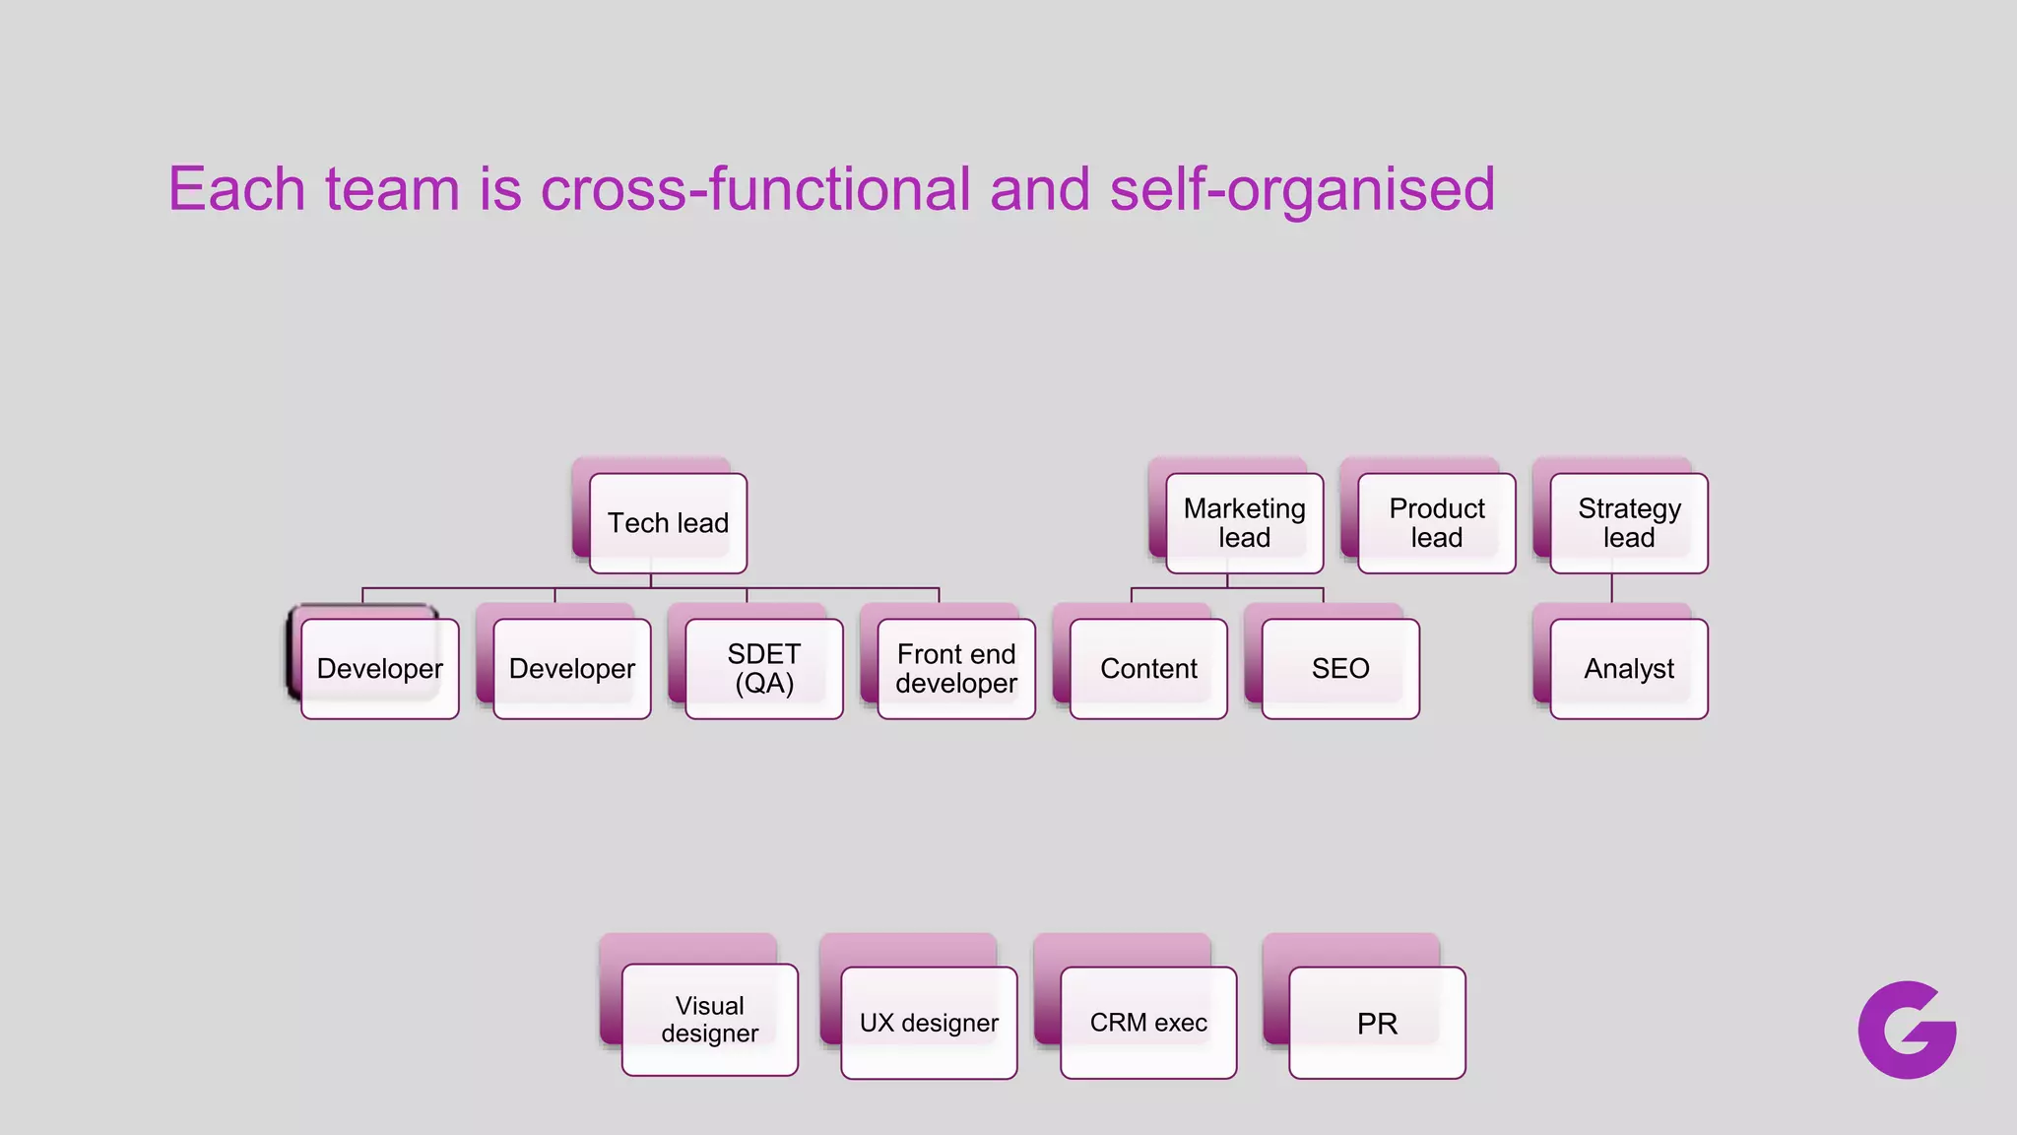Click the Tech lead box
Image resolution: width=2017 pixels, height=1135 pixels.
pyautogui.click(x=668, y=523)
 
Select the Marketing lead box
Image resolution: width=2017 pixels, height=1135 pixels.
pyautogui.click(x=1244, y=523)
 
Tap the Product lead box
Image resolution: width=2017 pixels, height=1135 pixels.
pyautogui.click(x=1436, y=523)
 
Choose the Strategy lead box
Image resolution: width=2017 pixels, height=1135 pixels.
pyautogui.click(x=1628, y=523)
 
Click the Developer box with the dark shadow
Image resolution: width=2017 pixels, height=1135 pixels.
pyautogui.click(x=379, y=669)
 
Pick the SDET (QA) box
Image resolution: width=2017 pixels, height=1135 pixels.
pyautogui.click(x=763, y=669)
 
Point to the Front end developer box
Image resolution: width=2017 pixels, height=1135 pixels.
pyautogui.click(x=955, y=669)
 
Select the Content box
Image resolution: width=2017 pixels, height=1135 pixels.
pyautogui.click(x=1148, y=669)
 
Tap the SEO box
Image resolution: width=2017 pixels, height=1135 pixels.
pyautogui.click(x=1339, y=669)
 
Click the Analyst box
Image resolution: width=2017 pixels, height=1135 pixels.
pyautogui.click(x=1628, y=669)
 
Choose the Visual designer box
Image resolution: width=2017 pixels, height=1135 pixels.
pyautogui.click(x=709, y=1020)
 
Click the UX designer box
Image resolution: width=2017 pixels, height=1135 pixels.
pyautogui.click(x=929, y=1023)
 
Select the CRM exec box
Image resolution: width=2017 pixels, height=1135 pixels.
pyautogui.click(x=1148, y=1023)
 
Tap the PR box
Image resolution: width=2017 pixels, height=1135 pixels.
pyautogui.click(x=1377, y=1023)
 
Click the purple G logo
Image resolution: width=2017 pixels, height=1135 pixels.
pyautogui.click(x=1907, y=1030)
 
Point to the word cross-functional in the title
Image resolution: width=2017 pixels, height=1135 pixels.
pyautogui.click(x=755, y=188)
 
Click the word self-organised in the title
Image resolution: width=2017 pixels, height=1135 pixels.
pyautogui.click(x=1301, y=188)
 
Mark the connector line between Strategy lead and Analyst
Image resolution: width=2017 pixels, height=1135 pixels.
pyautogui.click(x=1611, y=589)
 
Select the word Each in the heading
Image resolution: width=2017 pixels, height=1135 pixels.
pyautogui.click(x=236, y=188)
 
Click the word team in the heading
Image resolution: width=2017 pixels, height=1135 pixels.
pyautogui.click(x=392, y=188)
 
